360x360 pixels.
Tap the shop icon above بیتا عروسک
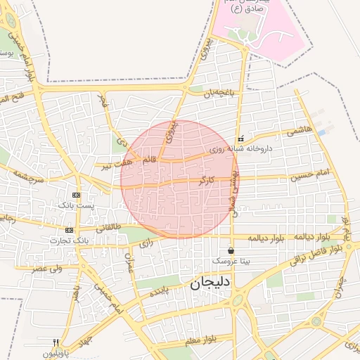pos(231,251)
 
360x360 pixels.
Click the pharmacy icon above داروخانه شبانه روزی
pos(241,139)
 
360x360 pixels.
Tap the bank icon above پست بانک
pos(76,195)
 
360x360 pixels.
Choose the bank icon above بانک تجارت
pos(69,230)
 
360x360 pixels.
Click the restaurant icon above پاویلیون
pos(56,342)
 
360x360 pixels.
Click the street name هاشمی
pos(300,130)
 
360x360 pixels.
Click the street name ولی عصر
pos(49,268)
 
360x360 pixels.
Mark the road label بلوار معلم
pos(200,340)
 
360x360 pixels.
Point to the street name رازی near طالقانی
pos(146,243)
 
